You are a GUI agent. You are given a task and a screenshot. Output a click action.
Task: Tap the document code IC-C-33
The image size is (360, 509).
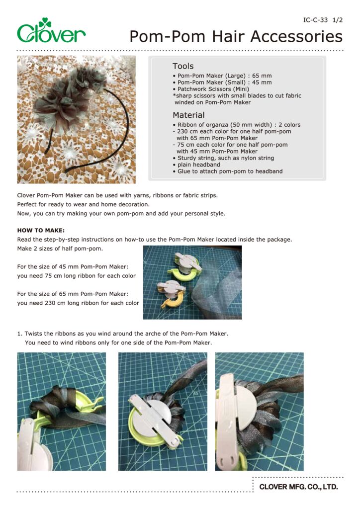pos(315,20)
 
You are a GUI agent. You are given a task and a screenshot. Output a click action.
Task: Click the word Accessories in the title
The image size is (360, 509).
pos(296,36)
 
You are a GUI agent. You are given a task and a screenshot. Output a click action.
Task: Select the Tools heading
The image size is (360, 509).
pos(183,66)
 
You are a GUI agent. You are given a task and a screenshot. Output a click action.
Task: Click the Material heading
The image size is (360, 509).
pos(188,115)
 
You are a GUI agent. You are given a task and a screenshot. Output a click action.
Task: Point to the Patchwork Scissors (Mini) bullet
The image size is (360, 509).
pos(211,89)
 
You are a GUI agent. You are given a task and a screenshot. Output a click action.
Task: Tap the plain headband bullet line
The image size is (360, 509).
pos(197,165)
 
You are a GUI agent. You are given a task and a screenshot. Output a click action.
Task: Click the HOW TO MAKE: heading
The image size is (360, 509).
pos(41,230)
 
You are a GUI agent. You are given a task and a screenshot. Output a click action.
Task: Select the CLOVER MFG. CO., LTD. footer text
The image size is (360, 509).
pos(299,487)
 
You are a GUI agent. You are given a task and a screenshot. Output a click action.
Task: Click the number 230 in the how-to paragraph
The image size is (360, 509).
pos(50,303)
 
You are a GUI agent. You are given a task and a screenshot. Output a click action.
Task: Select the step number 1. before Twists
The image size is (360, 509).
pos(20,334)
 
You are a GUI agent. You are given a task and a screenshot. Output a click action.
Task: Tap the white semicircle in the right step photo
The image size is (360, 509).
pos(246,403)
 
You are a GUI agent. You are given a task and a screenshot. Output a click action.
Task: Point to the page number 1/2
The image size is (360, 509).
pos(338,20)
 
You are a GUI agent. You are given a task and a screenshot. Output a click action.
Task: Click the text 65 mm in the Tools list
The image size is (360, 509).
pos(262,76)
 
